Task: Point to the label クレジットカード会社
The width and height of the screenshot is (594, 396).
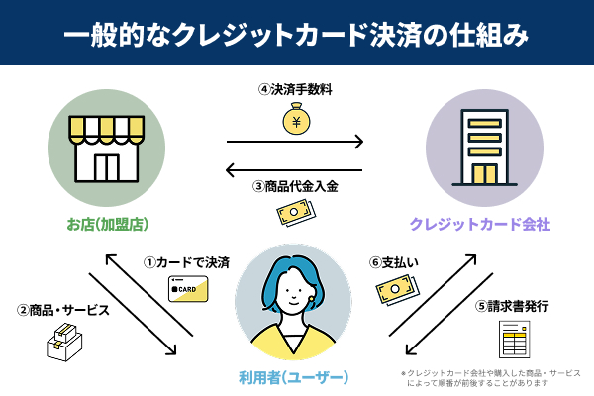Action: pos(481,225)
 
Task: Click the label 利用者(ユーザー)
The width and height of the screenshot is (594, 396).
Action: pos(295,377)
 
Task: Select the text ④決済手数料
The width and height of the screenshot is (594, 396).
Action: pos(295,89)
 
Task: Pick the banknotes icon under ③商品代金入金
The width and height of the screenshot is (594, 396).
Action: pos(295,214)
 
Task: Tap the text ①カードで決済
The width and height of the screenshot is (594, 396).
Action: pos(187,263)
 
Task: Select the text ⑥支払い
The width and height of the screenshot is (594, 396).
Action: pos(393,263)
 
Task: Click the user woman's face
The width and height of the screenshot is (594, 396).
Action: pos(294,290)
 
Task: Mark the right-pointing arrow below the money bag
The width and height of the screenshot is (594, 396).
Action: pos(295,142)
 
